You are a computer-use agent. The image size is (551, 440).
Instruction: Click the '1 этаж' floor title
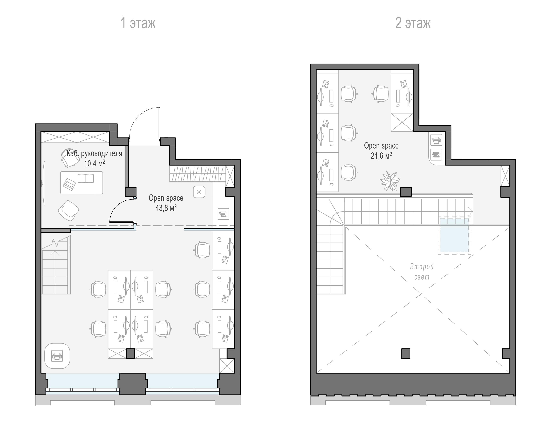coord(138,23)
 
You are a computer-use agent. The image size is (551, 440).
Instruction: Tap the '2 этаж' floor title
coord(413,23)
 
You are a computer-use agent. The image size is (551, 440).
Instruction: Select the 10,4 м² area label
coord(95,163)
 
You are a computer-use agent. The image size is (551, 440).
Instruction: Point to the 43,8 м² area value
coord(166,208)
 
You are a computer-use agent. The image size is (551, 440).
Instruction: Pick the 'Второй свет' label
coord(422,272)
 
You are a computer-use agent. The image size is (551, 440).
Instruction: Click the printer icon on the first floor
coord(57,356)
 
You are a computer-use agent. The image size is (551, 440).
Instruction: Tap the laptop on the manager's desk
coord(70,184)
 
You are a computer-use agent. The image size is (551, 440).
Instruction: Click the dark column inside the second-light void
coord(406,354)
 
